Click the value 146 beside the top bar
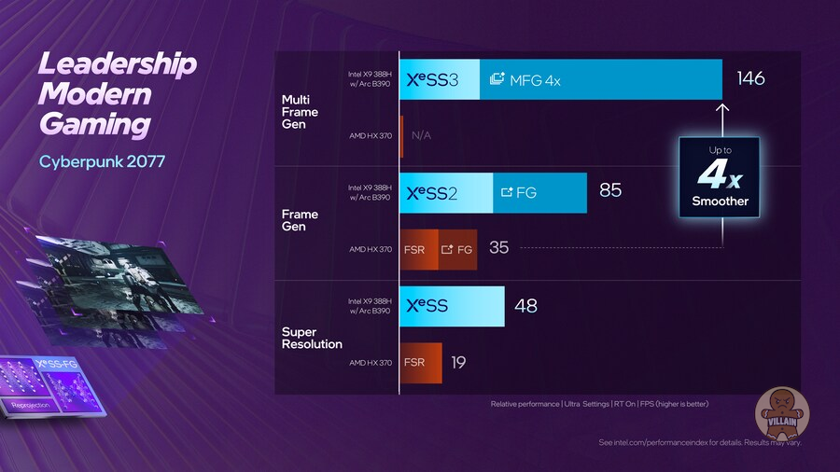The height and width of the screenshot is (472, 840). coord(750,78)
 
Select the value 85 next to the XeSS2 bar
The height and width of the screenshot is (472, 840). coord(610,191)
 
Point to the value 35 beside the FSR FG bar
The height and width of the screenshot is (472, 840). coord(499,248)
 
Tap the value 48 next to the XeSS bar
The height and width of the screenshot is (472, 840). coord(525,305)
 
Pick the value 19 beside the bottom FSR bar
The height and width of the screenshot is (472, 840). coord(458,362)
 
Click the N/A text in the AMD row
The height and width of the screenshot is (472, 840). coord(421,135)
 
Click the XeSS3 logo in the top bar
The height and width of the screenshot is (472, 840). coord(433,80)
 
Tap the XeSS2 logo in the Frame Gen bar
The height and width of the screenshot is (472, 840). coord(433,193)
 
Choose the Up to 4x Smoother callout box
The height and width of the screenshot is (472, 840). coord(720,177)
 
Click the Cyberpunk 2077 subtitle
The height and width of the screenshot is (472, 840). coord(102,161)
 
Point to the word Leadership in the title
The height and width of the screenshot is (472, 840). coord(118,64)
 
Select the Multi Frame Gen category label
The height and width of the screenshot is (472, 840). coord(300,112)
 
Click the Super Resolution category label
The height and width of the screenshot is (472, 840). coord(312,338)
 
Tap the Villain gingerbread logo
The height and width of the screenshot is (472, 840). coord(782,410)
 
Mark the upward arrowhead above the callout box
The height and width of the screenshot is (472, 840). coord(721,108)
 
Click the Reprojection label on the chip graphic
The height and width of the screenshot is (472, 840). coord(31,405)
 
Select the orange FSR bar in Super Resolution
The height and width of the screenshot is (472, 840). coord(421,362)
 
